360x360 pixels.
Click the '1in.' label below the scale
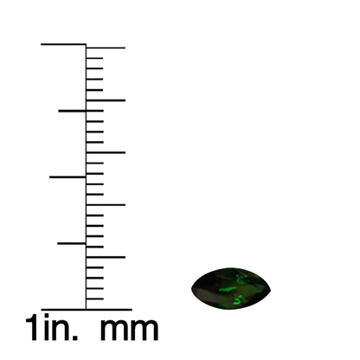[x=52, y=327]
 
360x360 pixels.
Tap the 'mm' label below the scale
[x=129, y=330]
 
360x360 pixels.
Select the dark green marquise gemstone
[x=231, y=288]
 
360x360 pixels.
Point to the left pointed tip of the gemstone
[x=191, y=288]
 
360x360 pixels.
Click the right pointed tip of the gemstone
[x=271, y=289]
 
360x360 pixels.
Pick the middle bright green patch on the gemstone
[x=228, y=289]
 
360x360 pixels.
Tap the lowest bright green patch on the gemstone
[x=238, y=300]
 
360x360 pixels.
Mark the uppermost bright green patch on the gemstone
[x=239, y=279]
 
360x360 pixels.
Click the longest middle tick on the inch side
[x=67, y=177]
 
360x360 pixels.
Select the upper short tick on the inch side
[x=72, y=111]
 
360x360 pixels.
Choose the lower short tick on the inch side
[x=72, y=243]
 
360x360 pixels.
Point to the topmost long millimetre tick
[x=106, y=48]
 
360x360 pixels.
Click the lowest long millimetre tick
[x=106, y=257]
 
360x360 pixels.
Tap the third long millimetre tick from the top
[x=106, y=152]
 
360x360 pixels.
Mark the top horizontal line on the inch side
[x=63, y=44]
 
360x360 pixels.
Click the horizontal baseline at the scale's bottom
[x=87, y=310]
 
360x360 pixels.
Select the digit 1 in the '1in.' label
[x=32, y=328]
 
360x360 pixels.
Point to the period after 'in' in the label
[x=75, y=338]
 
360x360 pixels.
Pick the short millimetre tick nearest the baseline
[x=95, y=299]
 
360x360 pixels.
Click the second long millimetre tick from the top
[x=106, y=100]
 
